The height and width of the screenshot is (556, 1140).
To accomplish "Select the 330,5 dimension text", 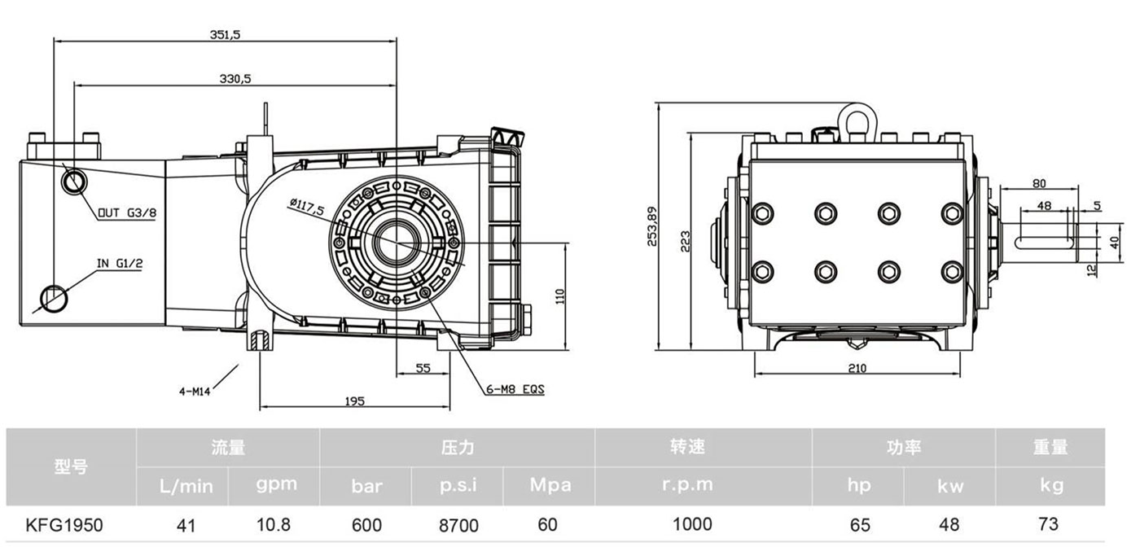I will (235, 78).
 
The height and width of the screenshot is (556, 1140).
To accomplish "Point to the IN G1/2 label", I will (120, 264).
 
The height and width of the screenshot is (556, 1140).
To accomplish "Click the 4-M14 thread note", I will (195, 391).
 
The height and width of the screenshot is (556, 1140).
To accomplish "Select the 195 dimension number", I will (354, 401).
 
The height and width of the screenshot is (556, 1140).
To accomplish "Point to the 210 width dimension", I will (857, 368).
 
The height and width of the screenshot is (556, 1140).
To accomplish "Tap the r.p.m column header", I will (688, 485).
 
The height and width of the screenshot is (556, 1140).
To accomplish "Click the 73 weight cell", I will (1049, 523).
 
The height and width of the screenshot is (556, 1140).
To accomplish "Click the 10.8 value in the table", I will (274, 524).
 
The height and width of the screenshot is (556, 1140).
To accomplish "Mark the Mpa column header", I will (550, 485).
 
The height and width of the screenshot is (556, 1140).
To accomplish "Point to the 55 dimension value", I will (423, 368).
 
